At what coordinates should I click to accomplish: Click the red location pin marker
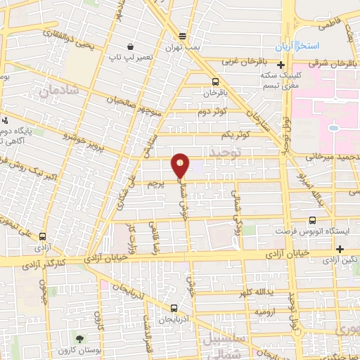[180, 165]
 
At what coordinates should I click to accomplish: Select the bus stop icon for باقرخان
[214, 81]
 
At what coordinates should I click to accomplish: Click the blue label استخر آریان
[298, 45]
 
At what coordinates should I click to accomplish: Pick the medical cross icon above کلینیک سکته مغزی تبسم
[280, 65]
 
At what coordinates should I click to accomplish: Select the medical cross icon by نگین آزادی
[340, 249]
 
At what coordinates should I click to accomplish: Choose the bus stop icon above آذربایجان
[174, 308]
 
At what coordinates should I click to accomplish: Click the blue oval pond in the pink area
[333, 128]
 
